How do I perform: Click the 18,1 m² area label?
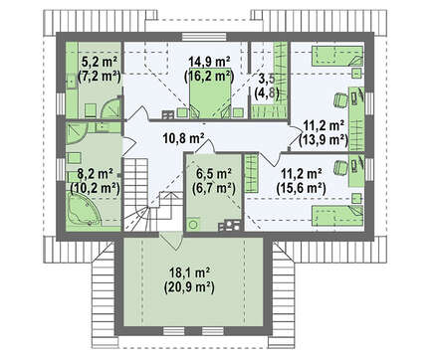[x=189, y=272]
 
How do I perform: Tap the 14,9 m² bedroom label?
[x=209, y=62]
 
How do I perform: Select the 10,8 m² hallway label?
[x=183, y=138]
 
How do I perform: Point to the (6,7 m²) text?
[x=214, y=188]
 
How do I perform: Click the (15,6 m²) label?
[x=301, y=188]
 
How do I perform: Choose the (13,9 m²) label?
[x=324, y=140]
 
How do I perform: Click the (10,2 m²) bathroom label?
[x=95, y=188]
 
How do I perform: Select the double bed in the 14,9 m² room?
[x=210, y=92]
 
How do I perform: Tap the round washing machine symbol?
[x=192, y=225]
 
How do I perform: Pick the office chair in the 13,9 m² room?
[x=340, y=99]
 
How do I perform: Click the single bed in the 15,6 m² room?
[x=336, y=216]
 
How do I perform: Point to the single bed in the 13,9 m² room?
[x=336, y=56]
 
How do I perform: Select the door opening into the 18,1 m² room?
[x=171, y=240]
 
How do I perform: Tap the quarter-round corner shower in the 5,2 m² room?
[x=110, y=106]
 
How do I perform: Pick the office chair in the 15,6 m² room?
[x=340, y=166]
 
